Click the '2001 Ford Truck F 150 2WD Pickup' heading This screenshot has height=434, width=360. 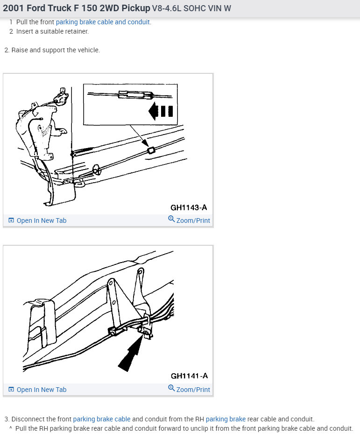click(x=77, y=8)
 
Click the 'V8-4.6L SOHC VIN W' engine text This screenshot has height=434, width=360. click(x=191, y=9)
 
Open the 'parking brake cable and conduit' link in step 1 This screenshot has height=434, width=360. click(x=103, y=22)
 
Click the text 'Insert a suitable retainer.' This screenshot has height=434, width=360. click(x=52, y=31)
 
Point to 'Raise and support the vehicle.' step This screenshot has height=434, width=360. click(x=56, y=50)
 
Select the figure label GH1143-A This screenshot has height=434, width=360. click(x=189, y=207)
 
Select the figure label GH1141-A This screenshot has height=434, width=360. click(x=189, y=376)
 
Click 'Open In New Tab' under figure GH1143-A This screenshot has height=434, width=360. click(x=42, y=221)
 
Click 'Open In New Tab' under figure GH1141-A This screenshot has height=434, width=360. click(x=42, y=390)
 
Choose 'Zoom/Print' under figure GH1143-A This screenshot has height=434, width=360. click(x=193, y=221)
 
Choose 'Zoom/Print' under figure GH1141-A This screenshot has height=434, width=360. click(x=193, y=390)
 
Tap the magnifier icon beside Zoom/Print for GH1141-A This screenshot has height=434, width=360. click(x=171, y=389)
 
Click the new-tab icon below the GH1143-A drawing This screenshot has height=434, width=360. click(x=11, y=221)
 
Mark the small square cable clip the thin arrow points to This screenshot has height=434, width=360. click(x=150, y=150)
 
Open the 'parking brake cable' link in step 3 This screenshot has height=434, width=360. click(x=102, y=419)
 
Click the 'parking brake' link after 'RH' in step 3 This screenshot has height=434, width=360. click(x=226, y=419)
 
